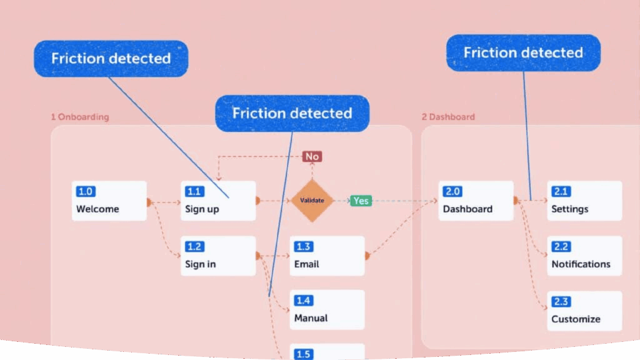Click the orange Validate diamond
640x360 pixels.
312,201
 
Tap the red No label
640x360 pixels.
312,156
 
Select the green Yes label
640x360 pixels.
361,201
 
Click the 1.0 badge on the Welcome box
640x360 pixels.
86,192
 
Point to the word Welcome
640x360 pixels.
97,209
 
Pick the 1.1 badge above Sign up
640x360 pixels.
194,192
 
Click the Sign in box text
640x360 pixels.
200,264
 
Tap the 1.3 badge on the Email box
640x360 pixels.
303,246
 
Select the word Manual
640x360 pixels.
311,318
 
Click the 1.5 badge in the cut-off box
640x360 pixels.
303,354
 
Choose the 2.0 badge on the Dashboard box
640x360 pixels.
452,192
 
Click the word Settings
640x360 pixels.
569,209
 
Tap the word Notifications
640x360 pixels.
581,264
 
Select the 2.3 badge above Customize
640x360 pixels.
561,302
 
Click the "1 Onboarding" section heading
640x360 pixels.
79,117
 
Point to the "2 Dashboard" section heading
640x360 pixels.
448,117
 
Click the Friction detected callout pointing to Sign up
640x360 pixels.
111,59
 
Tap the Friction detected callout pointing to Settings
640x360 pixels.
523,52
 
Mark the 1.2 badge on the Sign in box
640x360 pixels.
194,246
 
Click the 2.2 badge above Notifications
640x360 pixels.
561,246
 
